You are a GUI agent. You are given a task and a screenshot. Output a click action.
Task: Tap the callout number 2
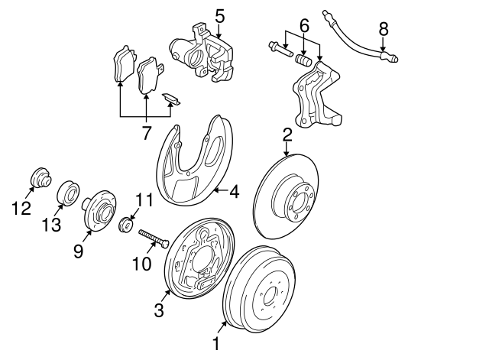(x=287, y=135)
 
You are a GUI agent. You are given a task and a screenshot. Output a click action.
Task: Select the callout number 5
(x=219, y=15)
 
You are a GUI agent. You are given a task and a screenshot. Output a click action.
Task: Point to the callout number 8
(x=384, y=29)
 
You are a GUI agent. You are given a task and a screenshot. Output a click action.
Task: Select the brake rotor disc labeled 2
(x=291, y=195)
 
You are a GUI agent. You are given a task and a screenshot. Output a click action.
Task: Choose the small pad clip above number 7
(x=172, y=99)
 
